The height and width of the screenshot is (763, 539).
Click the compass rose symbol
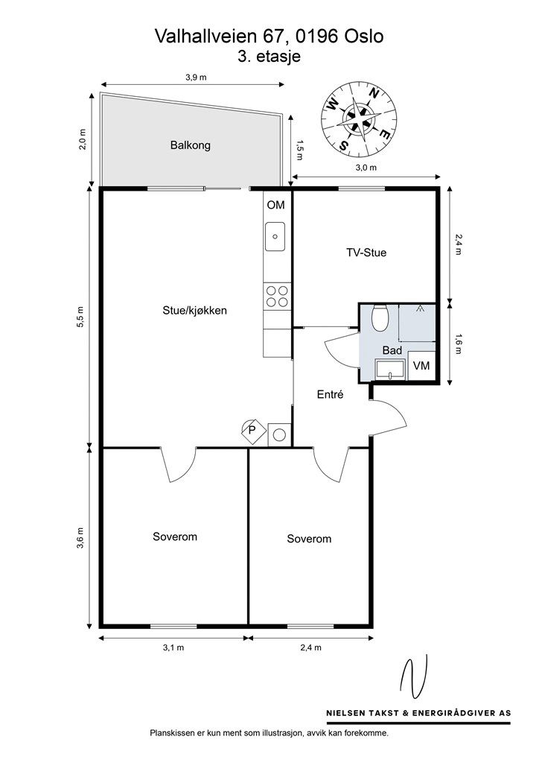click(x=359, y=118)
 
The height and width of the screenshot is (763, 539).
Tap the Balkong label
click(x=190, y=145)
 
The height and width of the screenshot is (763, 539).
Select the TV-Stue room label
click(x=366, y=253)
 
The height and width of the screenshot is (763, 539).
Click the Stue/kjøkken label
click(x=194, y=311)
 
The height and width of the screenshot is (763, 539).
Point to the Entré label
click(x=330, y=396)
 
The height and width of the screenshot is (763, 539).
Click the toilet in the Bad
click(x=380, y=318)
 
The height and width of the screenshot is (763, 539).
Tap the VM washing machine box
click(x=421, y=366)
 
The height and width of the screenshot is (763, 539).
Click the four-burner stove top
click(x=277, y=297)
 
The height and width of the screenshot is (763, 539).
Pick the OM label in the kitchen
click(x=275, y=205)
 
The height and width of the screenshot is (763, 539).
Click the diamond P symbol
click(x=252, y=431)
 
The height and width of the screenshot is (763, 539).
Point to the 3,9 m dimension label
click(x=196, y=77)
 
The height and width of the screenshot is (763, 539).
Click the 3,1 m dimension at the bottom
click(x=173, y=648)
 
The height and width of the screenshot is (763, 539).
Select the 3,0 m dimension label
click(x=366, y=168)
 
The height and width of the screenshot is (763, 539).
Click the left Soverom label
click(x=175, y=536)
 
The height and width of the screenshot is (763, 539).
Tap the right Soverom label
click(x=309, y=539)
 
